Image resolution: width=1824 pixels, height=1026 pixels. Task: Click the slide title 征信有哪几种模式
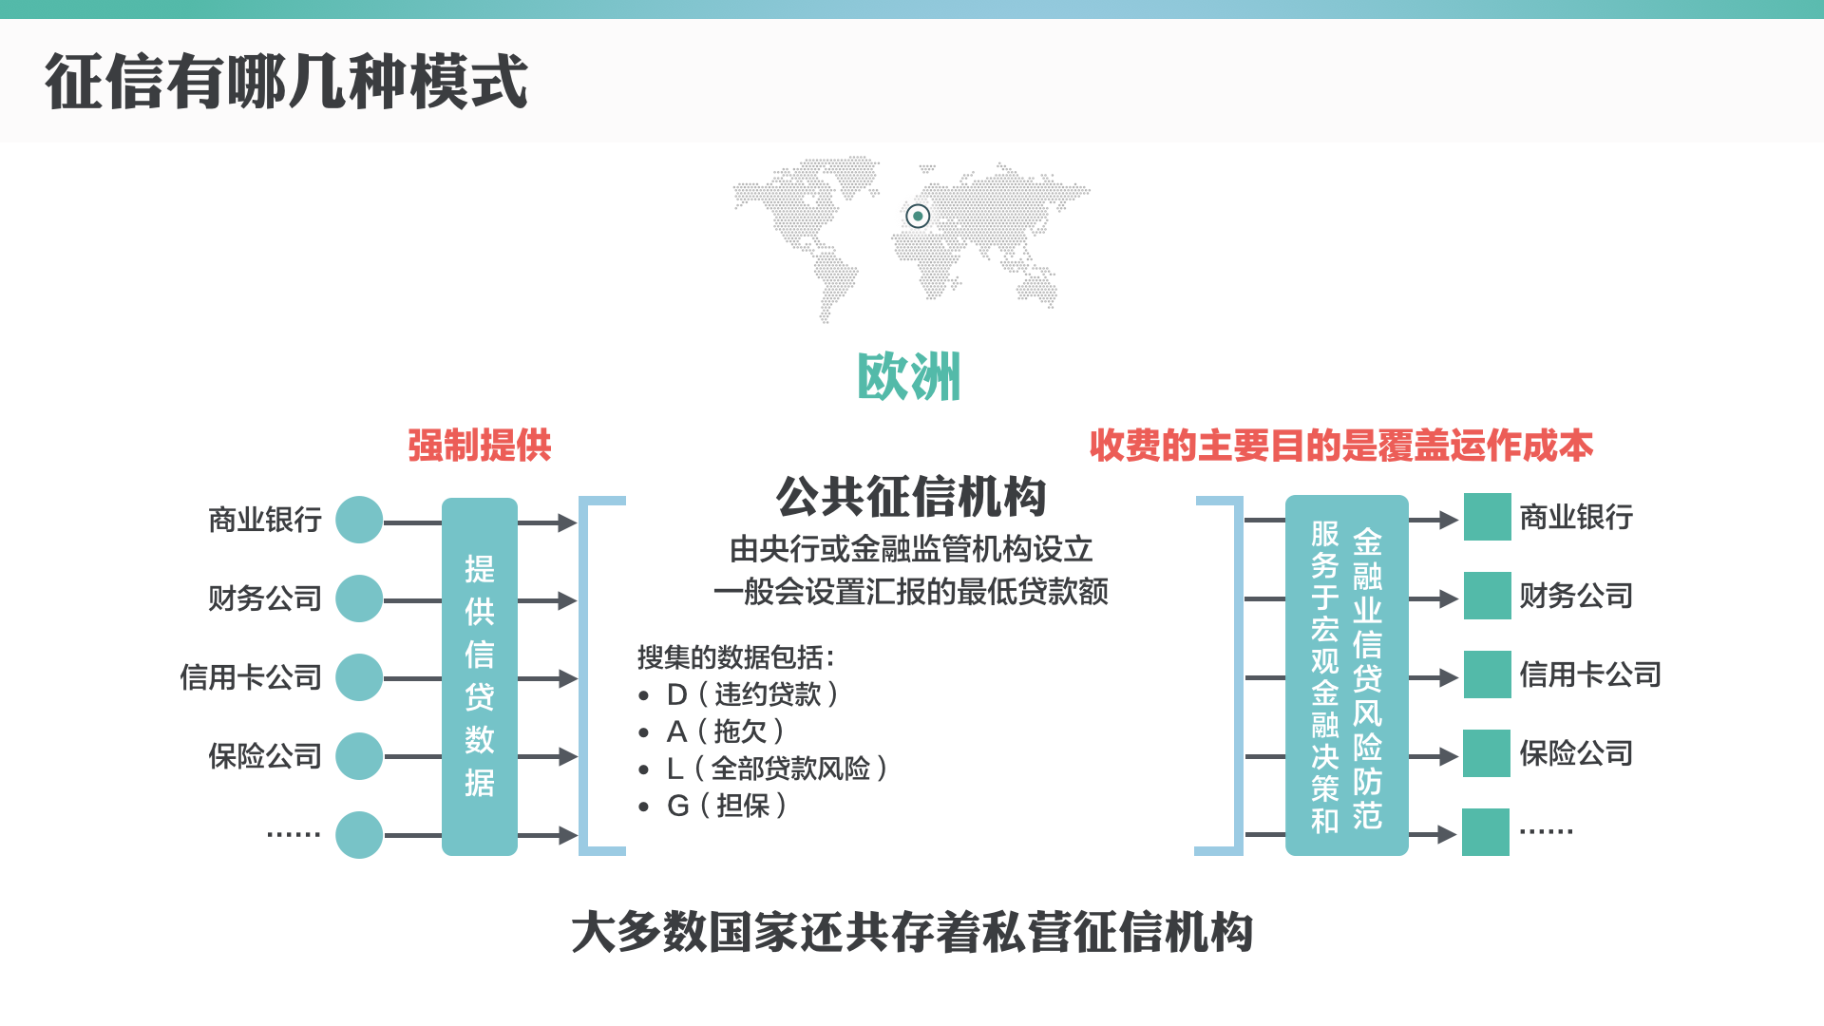[286, 82]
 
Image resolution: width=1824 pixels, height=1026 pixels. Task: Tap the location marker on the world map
[918, 217]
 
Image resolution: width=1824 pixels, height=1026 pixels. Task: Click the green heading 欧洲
[909, 377]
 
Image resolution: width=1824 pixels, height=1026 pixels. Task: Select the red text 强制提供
[480, 446]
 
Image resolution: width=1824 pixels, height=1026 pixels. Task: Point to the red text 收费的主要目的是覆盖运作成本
[1340, 446]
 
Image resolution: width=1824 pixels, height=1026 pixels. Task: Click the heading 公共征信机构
[911, 497]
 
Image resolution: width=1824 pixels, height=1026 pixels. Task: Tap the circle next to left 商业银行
[359, 520]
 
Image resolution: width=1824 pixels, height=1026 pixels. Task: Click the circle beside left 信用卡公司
[359, 677]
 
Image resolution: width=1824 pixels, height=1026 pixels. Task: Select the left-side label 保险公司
[265, 756]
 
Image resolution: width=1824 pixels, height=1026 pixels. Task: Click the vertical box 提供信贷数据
[480, 676]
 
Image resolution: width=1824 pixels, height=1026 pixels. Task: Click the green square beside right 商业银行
[1487, 517]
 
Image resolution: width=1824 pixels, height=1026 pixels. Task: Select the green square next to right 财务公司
[1487, 596]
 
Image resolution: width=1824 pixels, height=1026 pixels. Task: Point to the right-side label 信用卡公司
[1590, 674]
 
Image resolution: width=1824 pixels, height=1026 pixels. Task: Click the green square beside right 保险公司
[1487, 753]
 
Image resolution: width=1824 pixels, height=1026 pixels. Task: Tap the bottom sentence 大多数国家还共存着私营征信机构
[912, 932]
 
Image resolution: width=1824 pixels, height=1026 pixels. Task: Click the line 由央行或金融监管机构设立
[911, 549]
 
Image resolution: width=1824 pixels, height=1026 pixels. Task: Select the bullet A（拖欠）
[726, 731]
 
